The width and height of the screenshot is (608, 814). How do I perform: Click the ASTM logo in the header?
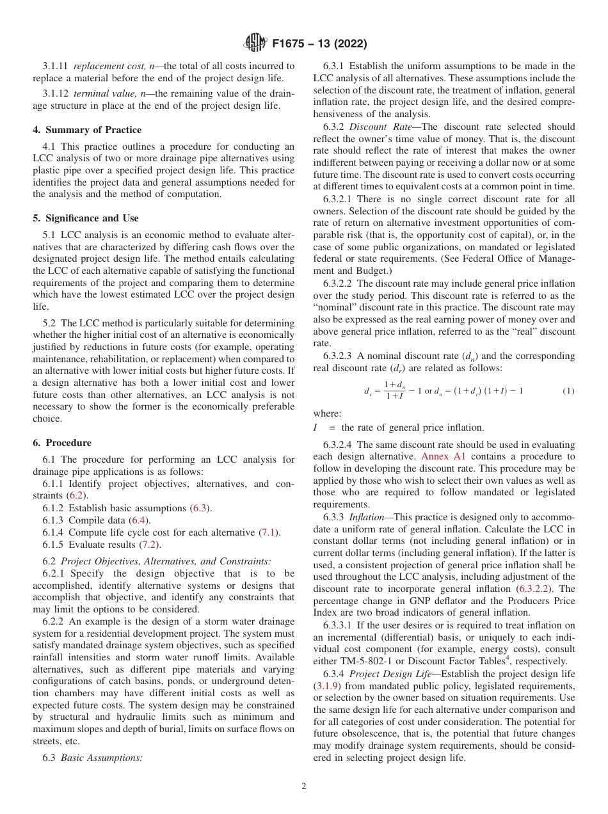255,44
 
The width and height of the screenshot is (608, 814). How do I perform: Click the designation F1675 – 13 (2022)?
319,44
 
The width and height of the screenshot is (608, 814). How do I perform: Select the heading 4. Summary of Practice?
87,130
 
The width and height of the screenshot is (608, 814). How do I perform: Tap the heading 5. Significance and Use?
85,218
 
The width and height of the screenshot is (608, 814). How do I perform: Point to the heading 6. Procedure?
61,443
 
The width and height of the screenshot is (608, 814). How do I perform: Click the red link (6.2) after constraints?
76,495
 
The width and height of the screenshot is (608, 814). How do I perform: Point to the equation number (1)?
567,390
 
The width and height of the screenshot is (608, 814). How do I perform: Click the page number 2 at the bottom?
304,787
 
